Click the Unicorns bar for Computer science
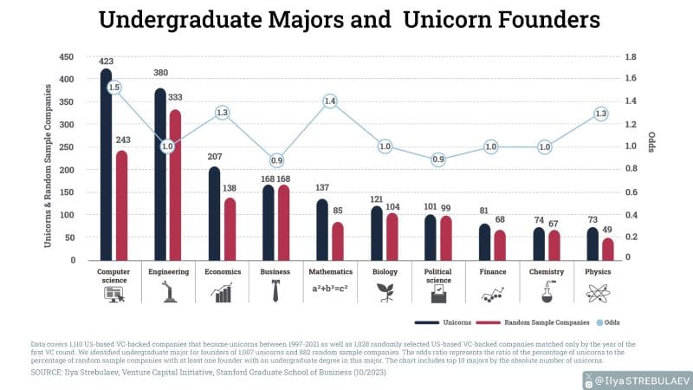tap(106, 165)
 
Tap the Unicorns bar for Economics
tap(214, 213)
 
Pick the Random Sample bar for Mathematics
tap(337, 241)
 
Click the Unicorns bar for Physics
tap(593, 244)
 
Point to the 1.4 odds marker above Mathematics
tap(329, 101)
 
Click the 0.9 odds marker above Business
tap(276, 160)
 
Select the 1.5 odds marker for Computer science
tap(114, 88)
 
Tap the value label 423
tap(106, 62)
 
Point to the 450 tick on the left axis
tap(67, 57)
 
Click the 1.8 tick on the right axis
tap(631, 57)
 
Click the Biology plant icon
tap(384, 292)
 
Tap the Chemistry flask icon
tap(547, 292)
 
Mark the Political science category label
tap(438, 276)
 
